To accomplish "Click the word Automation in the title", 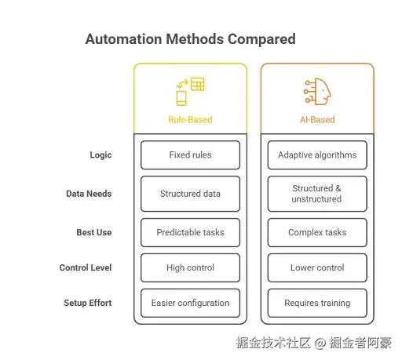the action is (x=123, y=39).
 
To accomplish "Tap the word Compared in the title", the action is (x=261, y=40).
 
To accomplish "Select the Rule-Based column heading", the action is (x=190, y=120).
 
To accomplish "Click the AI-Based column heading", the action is (x=317, y=120).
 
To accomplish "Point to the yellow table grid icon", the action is (x=198, y=84).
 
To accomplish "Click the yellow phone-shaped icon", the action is (x=181, y=98).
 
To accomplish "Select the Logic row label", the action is (x=100, y=155).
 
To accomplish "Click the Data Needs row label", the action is (x=89, y=194).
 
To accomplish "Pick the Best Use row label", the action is (x=94, y=232).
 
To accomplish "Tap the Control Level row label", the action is (x=86, y=267).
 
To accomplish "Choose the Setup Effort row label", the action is (x=88, y=303).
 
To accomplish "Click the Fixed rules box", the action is (x=190, y=155).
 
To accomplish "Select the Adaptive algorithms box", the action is (x=317, y=155).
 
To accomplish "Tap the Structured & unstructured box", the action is (x=317, y=194).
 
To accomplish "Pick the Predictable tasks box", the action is (x=190, y=232).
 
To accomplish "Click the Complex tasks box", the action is (x=317, y=232).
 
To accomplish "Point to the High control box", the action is (x=190, y=267).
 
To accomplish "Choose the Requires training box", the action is (x=317, y=303).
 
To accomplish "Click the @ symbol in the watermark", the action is (x=320, y=343).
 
